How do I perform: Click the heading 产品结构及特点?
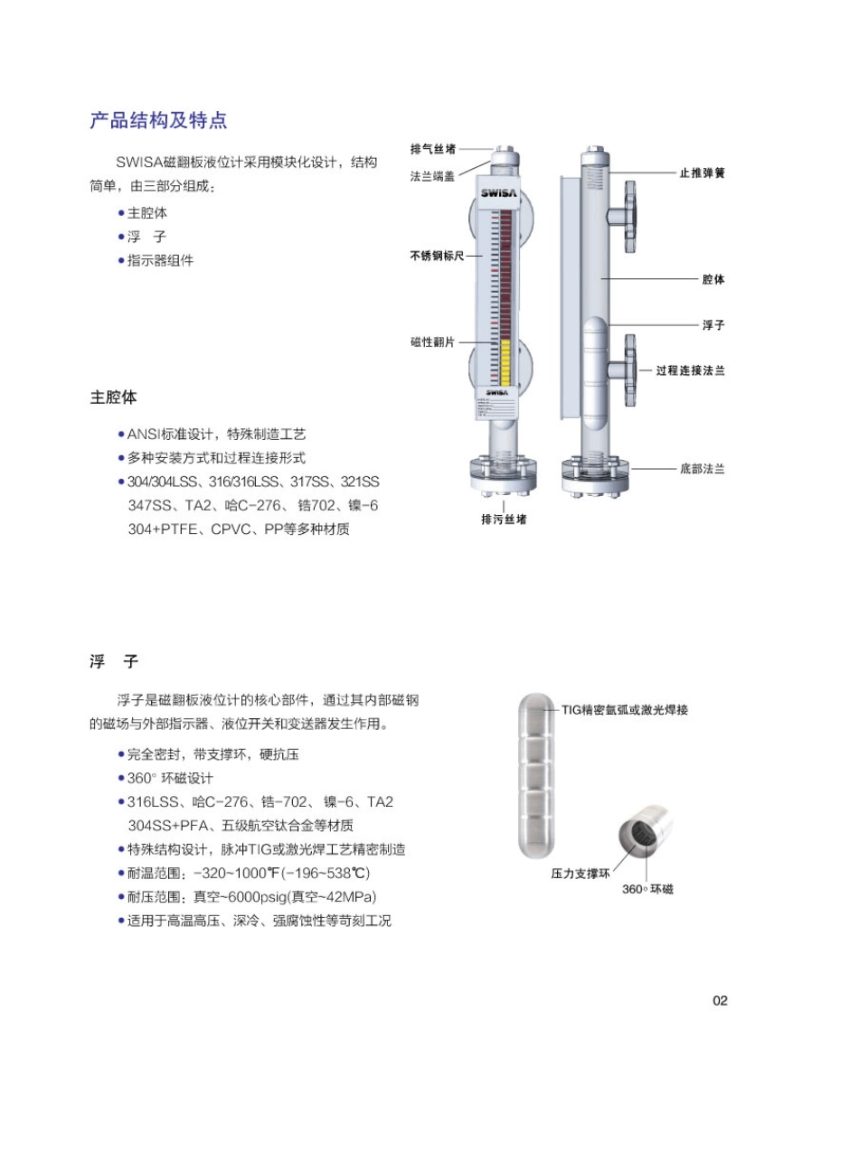tap(158, 121)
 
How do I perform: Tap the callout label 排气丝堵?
tap(433, 148)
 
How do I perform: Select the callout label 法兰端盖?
tap(433, 176)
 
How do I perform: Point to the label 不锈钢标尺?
tap(437, 257)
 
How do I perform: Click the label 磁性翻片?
tap(433, 342)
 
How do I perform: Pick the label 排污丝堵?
tap(504, 519)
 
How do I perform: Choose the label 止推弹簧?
tap(702, 172)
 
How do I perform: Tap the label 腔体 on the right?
tap(713, 280)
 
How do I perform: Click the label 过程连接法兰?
tap(691, 370)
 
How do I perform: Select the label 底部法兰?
tap(702, 469)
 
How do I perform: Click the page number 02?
tap(720, 1000)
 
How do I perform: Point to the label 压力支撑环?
tap(581, 875)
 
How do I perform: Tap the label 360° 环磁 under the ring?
tap(647, 889)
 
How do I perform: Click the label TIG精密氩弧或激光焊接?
tap(625, 710)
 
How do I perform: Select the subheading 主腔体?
tap(113, 398)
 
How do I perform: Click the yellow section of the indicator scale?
tap(504, 361)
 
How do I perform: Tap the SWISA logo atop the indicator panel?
tap(498, 193)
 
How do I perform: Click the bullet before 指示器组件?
tap(121, 260)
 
